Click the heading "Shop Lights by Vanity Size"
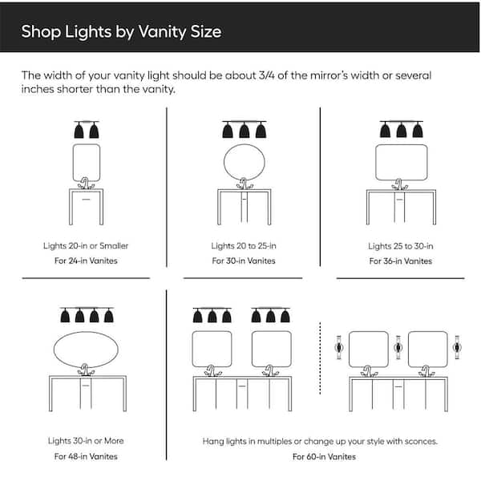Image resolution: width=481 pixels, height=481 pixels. (121, 33)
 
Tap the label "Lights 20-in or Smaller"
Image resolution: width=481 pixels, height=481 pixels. (86, 245)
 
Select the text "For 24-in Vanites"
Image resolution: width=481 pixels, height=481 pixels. (86, 261)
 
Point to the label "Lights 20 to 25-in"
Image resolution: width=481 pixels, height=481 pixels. (244, 245)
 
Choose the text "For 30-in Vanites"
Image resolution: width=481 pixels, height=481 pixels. (244, 261)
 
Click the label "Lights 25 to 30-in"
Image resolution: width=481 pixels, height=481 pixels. (400, 245)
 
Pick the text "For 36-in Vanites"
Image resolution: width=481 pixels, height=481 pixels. (400, 261)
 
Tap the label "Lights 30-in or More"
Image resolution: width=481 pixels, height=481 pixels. (86, 441)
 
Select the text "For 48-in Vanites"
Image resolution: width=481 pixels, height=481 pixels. (86, 456)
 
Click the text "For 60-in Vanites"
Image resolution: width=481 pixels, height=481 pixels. (321, 456)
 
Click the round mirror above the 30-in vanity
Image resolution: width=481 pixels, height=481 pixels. (244, 163)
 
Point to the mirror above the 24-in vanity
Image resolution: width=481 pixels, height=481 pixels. (87, 163)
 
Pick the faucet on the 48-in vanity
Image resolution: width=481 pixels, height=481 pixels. (86, 370)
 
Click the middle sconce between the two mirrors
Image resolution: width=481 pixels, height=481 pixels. (398, 348)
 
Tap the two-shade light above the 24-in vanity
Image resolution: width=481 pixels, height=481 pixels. (87, 131)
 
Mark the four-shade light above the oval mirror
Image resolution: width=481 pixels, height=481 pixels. (85, 315)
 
